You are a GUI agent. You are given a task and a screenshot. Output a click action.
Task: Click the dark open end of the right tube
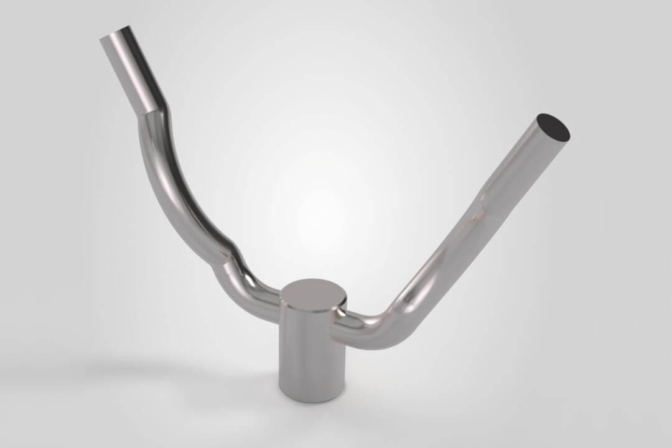pos(553,128)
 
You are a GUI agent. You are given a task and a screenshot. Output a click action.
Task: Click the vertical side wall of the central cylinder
pos(311,355)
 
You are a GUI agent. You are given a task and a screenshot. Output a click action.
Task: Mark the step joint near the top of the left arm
pos(153,110)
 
